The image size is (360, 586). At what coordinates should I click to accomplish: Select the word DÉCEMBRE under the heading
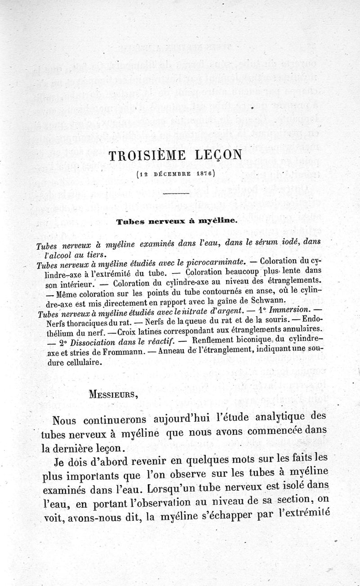pyautogui.click(x=174, y=172)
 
